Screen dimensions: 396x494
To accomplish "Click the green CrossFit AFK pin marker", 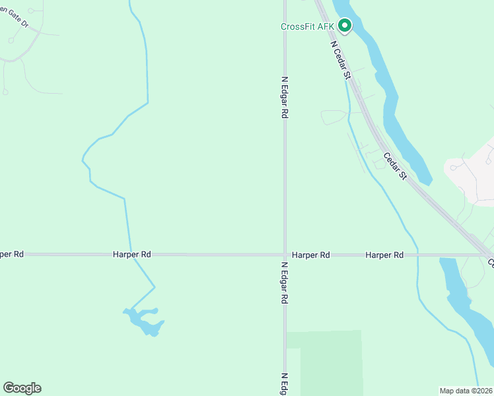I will tap(344, 26).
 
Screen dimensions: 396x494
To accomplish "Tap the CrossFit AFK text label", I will tap(308, 27).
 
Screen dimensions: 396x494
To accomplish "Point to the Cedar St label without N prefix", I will tap(394, 166).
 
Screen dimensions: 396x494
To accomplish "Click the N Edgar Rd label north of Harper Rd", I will tap(285, 96).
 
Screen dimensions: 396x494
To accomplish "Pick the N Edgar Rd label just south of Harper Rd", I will tap(285, 282).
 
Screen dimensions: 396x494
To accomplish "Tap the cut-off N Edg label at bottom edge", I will tap(285, 383).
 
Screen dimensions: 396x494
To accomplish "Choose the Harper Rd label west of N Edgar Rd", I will tap(132, 254).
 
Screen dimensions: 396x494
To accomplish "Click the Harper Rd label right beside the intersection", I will tap(310, 254).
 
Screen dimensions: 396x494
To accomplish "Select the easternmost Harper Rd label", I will tap(384, 254).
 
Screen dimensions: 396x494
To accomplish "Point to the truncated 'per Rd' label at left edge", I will tap(12, 254).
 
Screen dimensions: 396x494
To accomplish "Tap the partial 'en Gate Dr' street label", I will tap(15, 17).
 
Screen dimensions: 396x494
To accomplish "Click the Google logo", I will tap(22, 388).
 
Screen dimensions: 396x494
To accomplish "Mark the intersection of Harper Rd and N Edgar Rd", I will tap(285, 254).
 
